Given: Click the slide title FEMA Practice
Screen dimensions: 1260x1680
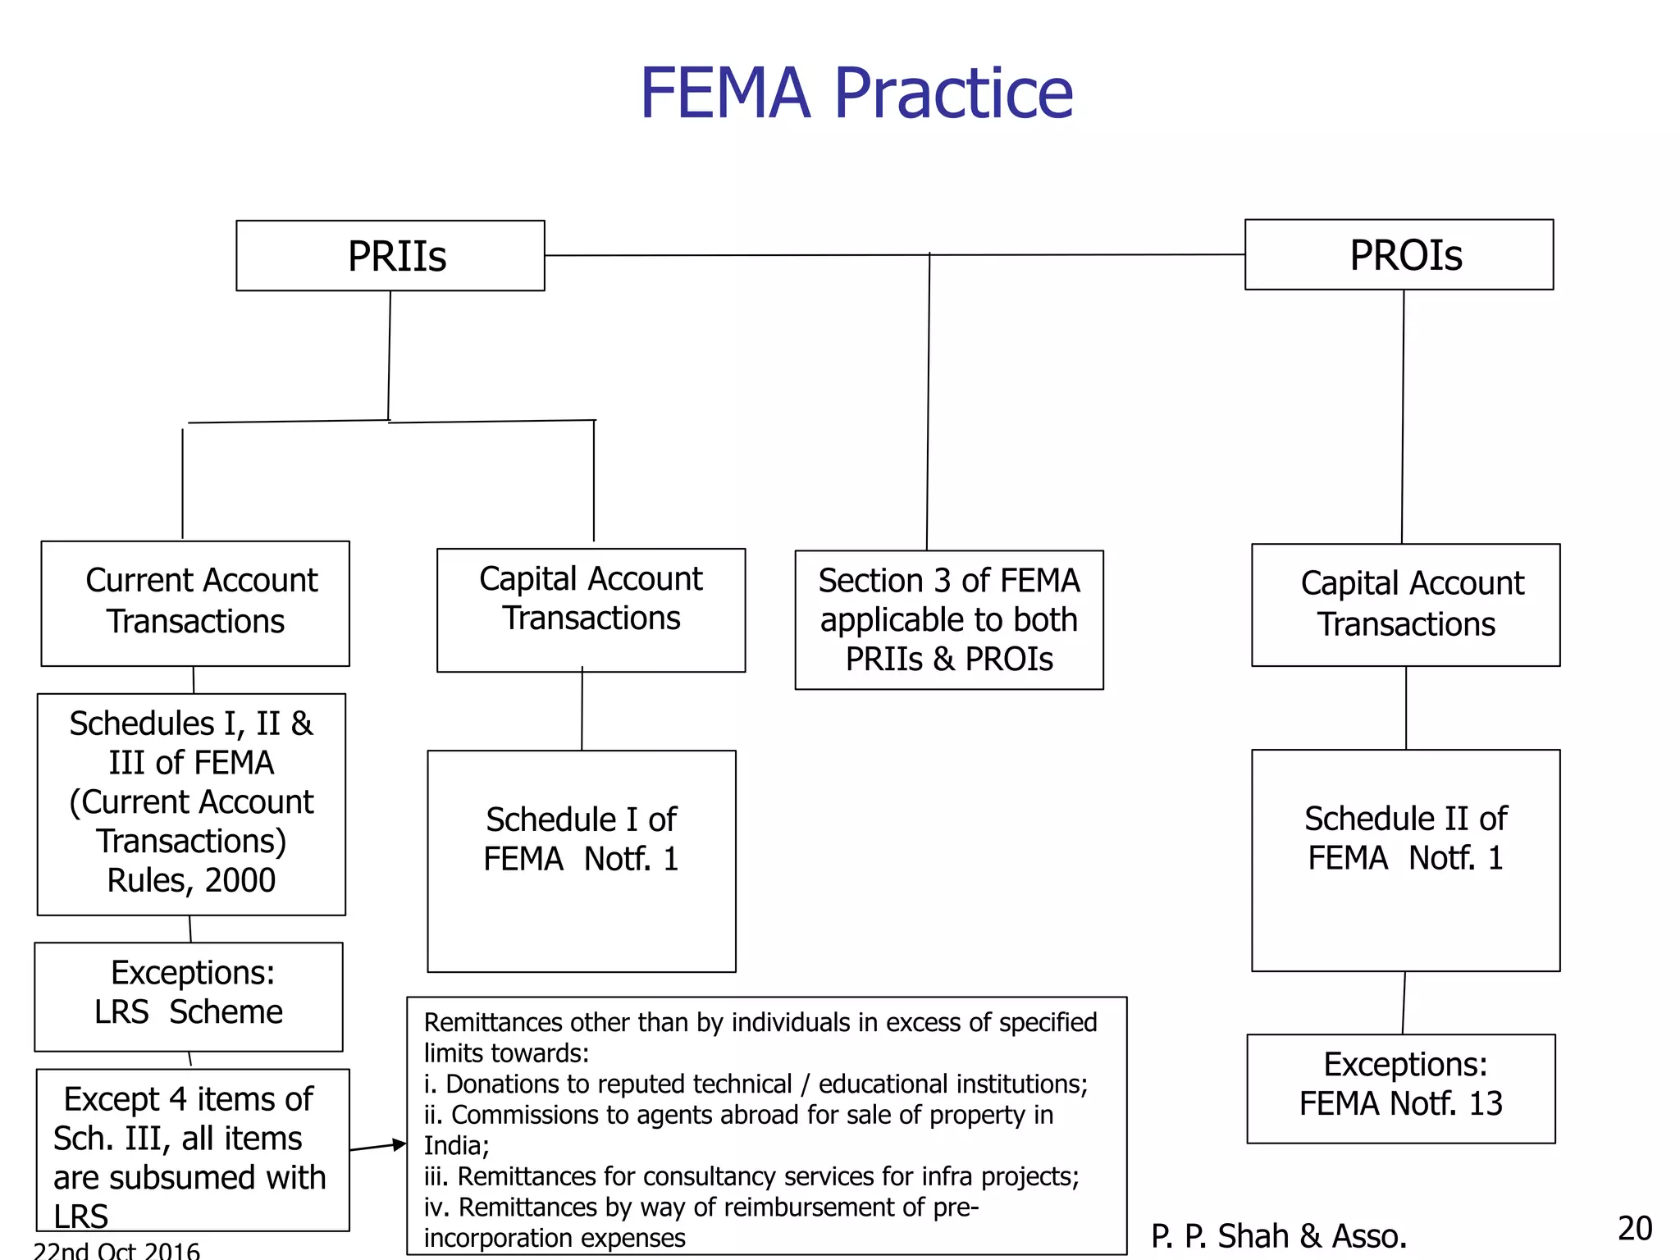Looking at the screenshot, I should click(856, 94).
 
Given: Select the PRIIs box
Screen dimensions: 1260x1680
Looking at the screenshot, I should click(390, 256).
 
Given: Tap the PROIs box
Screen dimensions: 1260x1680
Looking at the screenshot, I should click(1399, 255).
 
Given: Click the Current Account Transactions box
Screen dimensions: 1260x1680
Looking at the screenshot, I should click(195, 603).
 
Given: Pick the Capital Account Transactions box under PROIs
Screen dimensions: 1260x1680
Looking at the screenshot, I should click(1405, 605).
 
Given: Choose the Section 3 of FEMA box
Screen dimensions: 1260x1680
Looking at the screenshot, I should click(949, 619).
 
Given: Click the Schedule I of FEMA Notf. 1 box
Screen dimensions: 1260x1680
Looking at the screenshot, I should click(581, 861).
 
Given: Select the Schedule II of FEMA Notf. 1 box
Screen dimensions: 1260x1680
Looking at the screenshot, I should click(1405, 860).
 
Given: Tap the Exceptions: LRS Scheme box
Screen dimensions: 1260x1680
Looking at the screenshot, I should click(189, 996).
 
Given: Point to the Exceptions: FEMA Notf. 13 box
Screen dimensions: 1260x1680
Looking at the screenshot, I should click(1400, 1088).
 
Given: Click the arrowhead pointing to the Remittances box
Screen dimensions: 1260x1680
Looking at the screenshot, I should click(399, 1144).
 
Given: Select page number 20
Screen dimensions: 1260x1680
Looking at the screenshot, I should click(1634, 1229).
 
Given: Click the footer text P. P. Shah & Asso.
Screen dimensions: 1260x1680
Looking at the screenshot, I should click(1278, 1236).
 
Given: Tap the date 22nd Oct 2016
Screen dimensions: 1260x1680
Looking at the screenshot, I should click(116, 1251).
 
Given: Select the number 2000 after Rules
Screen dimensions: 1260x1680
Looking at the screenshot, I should click(240, 880).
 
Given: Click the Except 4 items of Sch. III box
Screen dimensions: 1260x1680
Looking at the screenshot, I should click(193, 1149).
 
